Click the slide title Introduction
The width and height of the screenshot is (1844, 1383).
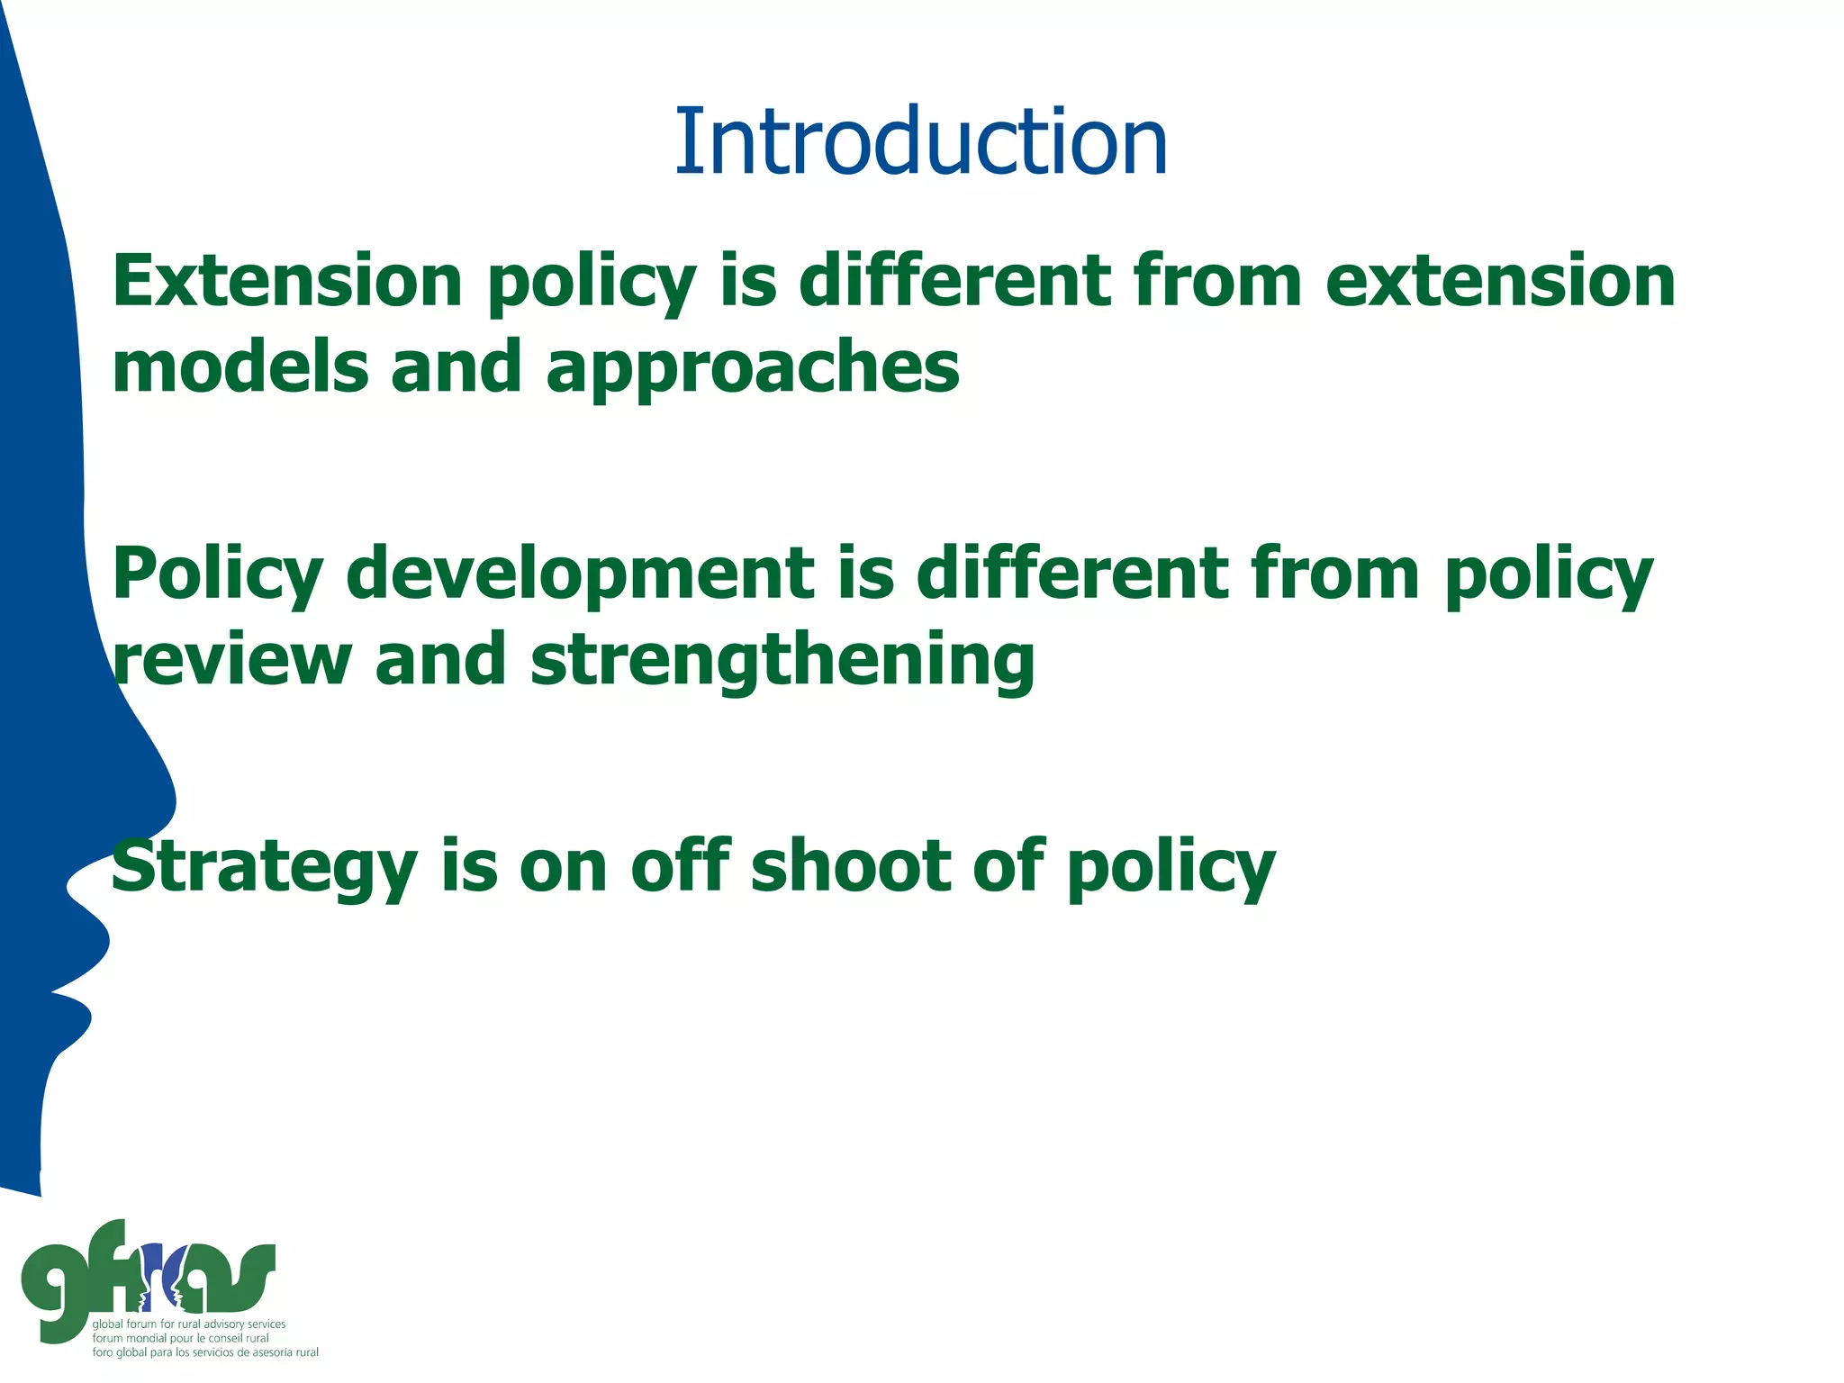920,141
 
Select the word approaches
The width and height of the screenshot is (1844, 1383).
753,369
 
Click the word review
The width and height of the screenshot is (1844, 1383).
231,659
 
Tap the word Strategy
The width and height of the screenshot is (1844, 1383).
264,866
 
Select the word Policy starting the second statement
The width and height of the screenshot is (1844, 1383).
217,575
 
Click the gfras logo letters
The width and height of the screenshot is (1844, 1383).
149,1279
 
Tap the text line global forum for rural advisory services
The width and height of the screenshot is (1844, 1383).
189,1324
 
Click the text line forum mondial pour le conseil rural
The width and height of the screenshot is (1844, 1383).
180,1338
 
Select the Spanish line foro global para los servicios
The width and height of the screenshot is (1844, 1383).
205,1352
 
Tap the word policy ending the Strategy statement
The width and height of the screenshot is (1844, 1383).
1171,866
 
